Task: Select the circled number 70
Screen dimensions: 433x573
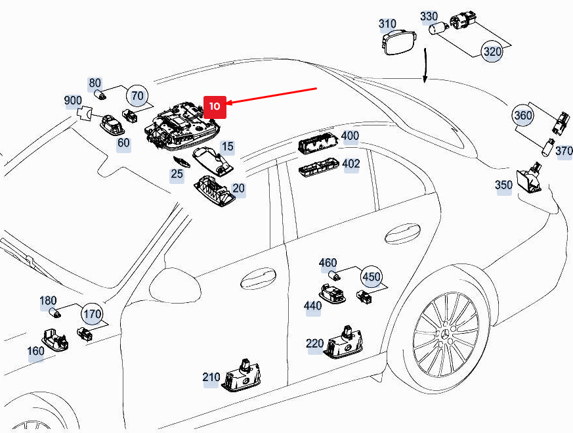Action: click(137, 96)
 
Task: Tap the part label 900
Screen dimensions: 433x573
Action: click(73, 101)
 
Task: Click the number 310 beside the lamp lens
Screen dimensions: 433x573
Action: click(387, 24)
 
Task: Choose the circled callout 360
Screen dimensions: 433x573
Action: click(523, 116)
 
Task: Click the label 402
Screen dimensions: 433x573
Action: click(351, 164)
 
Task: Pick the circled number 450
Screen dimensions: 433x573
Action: click(371, 277)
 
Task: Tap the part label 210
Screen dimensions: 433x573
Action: click(211, 377)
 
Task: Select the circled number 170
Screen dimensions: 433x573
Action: click(93, 315)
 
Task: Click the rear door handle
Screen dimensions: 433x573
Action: click(402, 233)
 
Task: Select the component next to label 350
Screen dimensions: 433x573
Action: click(529, 180)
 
